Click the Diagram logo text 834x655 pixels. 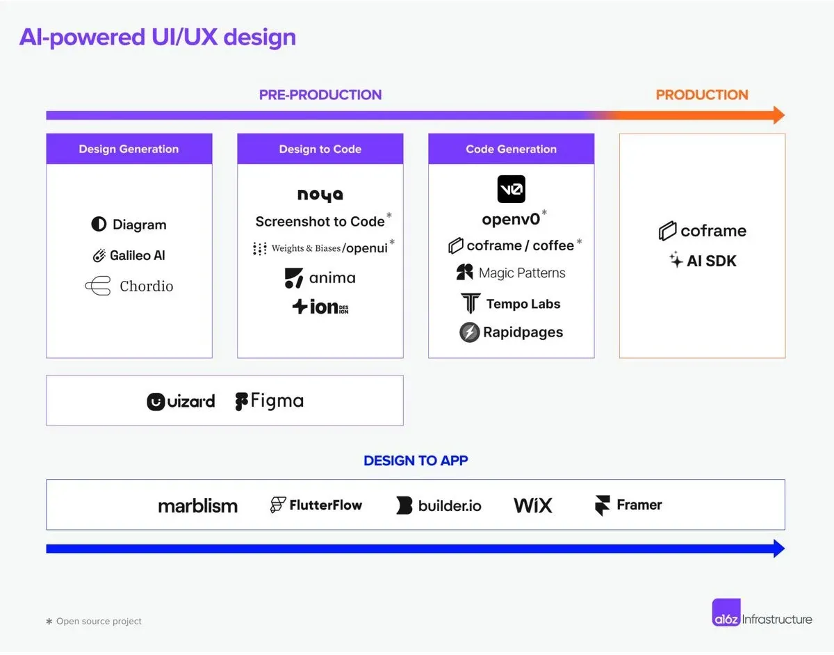point(139,225)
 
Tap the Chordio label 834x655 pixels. point(146,286)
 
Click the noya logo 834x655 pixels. point(320,195)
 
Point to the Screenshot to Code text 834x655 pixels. point(320,222)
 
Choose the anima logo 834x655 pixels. point(320,278)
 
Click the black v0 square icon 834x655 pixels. point(511,189)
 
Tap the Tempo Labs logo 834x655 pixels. point(511,304)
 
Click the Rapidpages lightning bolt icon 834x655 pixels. point(470,332)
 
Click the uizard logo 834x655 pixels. point(181,401)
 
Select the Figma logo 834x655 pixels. point(269,401)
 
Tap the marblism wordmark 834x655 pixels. point(197,506)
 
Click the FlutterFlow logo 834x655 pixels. point(316,505)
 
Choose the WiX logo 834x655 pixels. point(533,506)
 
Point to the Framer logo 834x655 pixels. point(628,505)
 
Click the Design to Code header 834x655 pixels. point(320,149)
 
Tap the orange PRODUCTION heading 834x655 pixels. point(702,95)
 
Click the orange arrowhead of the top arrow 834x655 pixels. point(778,115)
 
